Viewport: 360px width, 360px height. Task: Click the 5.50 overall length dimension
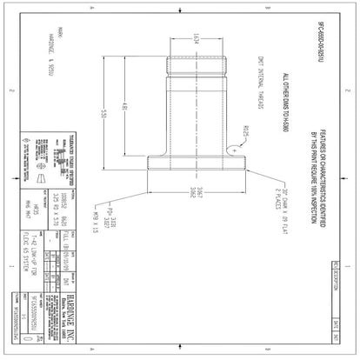pos(103,114)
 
